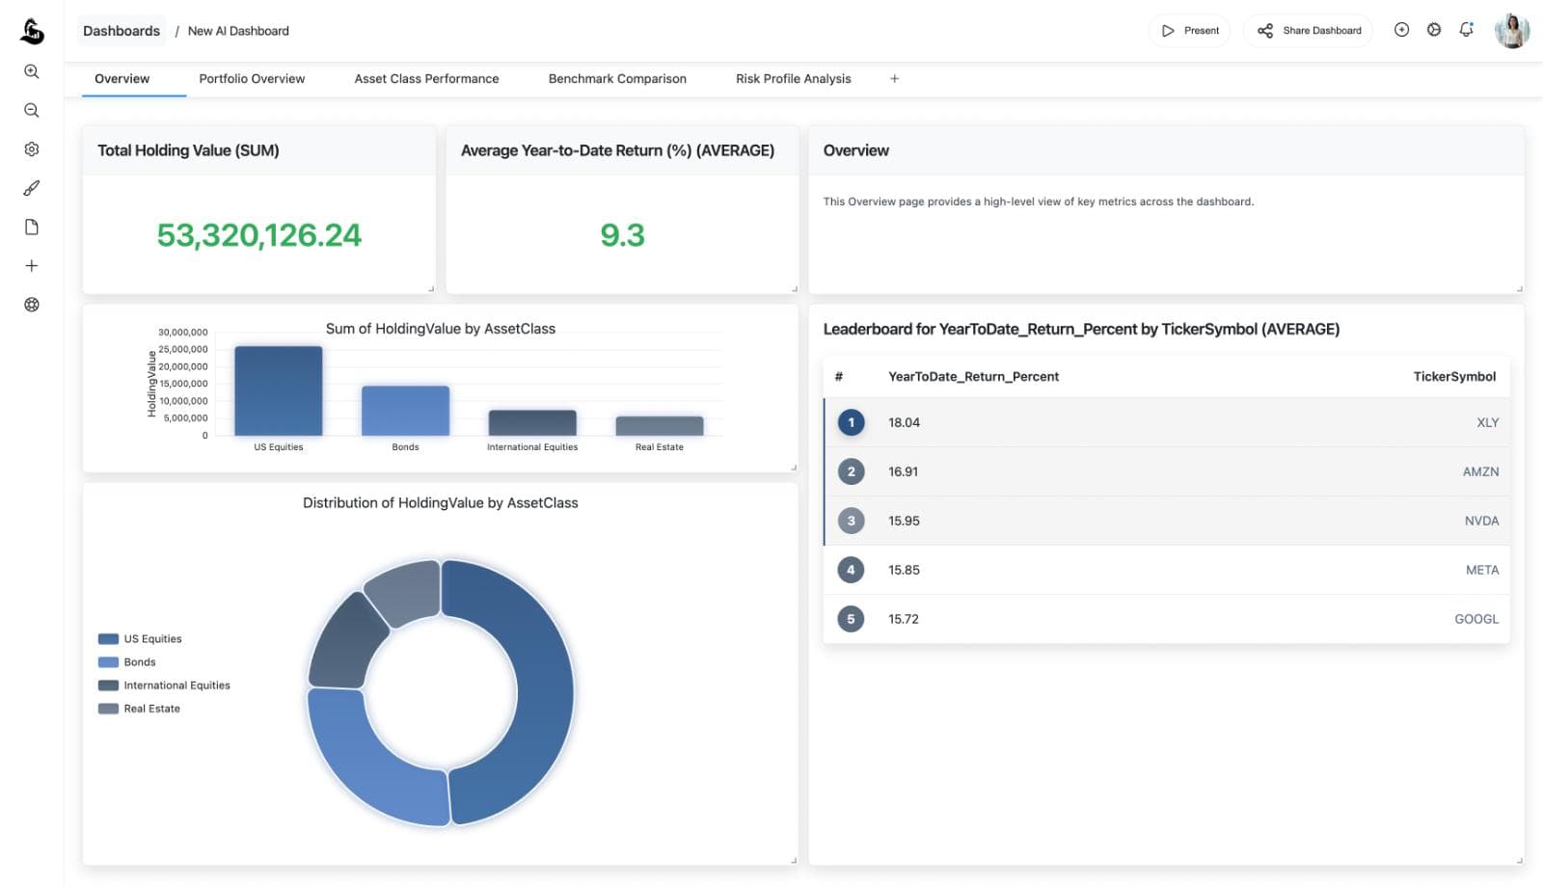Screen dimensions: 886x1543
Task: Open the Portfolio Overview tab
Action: coord(252,79)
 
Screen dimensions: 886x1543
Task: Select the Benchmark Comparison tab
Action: coord(617,79)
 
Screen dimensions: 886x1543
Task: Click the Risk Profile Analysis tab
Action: coord(793,79)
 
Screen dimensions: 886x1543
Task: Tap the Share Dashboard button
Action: coord(1309,31)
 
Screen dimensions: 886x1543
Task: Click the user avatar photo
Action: coord(1511,31)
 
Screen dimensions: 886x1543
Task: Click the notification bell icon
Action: coord(1466,30)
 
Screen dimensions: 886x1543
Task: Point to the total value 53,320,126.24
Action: coord(258,235)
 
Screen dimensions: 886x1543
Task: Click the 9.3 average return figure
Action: coord(622,235)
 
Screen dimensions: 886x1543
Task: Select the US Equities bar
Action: coord(278,390)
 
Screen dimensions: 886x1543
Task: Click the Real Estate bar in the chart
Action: coord(659,426)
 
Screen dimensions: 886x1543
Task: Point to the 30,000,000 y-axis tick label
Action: coord(182,333)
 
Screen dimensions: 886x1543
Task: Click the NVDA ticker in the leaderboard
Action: coord(1481,521)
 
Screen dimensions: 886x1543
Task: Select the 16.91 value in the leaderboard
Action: coord(903,471)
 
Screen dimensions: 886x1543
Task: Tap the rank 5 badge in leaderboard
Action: coord(851,619)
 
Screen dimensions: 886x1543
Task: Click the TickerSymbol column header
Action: coord(1453,377)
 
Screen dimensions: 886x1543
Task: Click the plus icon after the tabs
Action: coord(894,79)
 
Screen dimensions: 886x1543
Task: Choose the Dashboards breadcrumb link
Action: coord(122,31)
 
